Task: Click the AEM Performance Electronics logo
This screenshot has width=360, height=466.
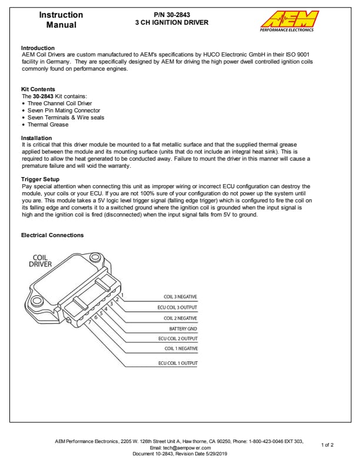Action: coord(289,21)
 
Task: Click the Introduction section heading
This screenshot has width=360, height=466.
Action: coord(38,48)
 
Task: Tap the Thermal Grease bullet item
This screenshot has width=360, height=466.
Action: coord(48,125)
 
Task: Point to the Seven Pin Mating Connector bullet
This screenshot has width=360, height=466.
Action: coord(64,111)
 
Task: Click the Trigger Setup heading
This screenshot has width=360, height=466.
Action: coord(40,179)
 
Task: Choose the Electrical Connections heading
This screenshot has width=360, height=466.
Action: coord(52,235)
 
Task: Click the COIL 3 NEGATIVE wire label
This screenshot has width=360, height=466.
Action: coord(180,297)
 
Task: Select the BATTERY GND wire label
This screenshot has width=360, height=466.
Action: coord(183,328)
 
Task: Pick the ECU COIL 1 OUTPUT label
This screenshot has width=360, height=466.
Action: coord(178,363)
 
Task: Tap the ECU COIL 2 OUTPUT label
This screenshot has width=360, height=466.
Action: coord(178,338)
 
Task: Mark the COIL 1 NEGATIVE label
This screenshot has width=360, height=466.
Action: coord(181,349)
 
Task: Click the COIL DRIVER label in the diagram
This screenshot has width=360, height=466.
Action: coord(40,261)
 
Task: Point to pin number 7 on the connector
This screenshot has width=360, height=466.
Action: coord(89,322)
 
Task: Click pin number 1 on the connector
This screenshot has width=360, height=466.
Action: coord(122,295)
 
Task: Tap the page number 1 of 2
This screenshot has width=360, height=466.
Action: coord(328,445)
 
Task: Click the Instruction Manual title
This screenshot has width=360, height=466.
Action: coord(61,20)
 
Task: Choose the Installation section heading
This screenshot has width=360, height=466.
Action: coord(36,138)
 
